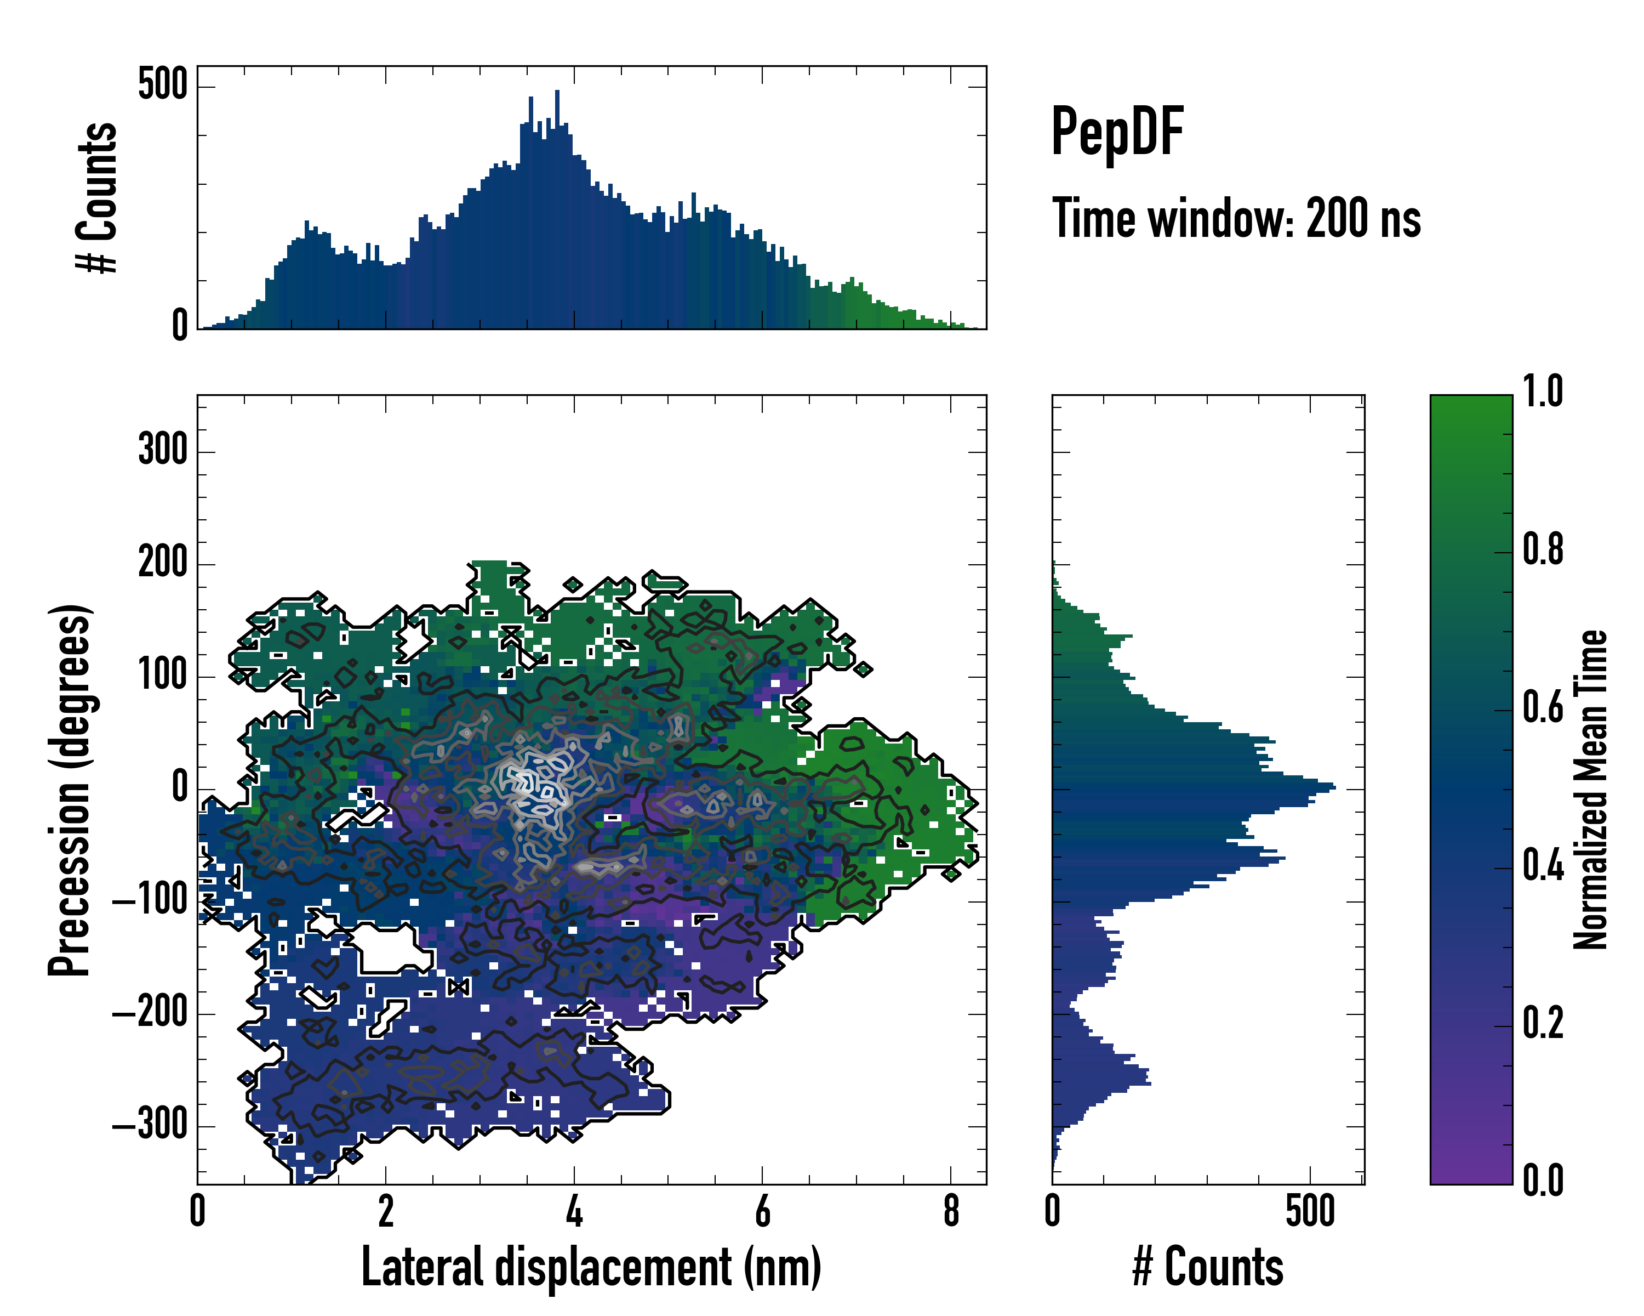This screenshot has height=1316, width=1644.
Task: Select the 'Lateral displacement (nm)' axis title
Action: pyautogui.click(x=591, y=1268)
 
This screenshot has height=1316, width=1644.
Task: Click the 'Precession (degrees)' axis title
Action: pyautogui.click(x=70, y=790)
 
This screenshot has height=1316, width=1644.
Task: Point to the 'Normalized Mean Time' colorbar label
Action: pyautogui.click(x=1590, y=790)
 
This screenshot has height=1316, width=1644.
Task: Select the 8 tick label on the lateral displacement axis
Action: pyautogui.click(x=951, y=1211)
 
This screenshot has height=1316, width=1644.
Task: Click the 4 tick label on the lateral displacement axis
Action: pyautogui.click(x=574, y=1211)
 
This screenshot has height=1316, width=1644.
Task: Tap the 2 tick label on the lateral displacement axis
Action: pyautogui.click(x=386, y=1211)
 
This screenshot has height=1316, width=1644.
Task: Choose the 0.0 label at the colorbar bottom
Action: pyautogui.click(x=1543, y=1180)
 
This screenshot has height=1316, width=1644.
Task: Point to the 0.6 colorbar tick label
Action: pyautogui.click(x=1543, y=707)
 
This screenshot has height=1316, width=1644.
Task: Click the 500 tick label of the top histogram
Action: pyautogui.click(x=162, y=84)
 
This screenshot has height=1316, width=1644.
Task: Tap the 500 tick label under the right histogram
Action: pyautogui.click(x=1310, y=1211)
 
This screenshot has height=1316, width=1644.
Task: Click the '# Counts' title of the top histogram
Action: pyautogui.click(x=98, y=197)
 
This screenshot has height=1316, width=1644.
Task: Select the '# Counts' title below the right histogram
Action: pyautogui.click(x=1208, y=1268)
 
